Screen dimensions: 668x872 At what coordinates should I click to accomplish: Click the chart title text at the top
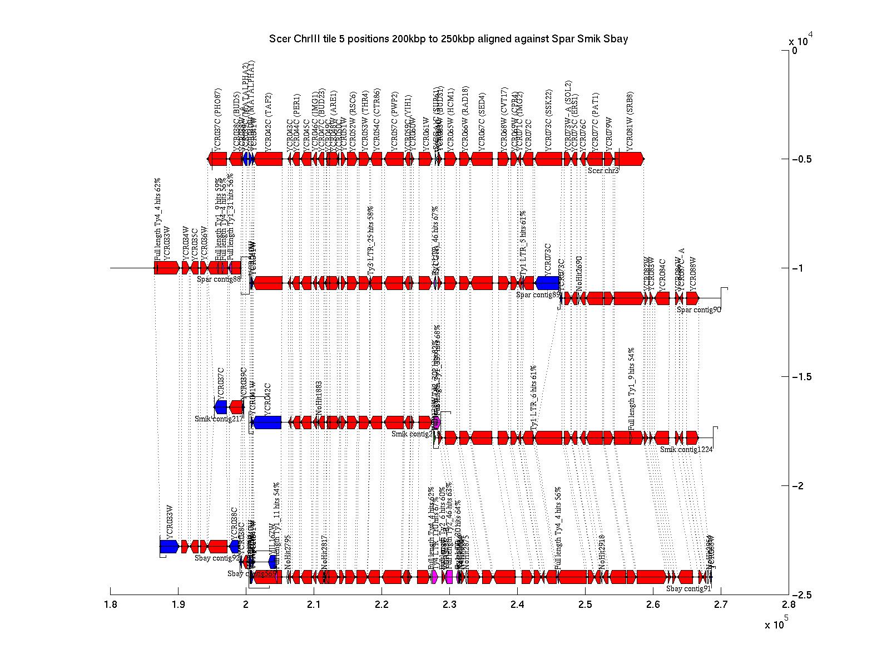click(448, 39)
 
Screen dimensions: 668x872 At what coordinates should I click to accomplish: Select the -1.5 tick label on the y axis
click(800, 377)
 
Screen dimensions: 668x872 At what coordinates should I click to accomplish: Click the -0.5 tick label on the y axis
click(800, 159)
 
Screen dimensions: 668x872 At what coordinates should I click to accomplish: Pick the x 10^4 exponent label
click(801, 40)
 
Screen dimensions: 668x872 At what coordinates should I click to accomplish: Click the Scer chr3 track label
click(603, 171)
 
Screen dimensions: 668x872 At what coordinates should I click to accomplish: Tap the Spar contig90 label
click(698, 310)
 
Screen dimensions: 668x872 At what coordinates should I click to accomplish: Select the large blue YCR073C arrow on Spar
click(547, 283)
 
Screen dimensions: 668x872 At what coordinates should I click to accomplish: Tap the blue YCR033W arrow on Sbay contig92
click(169, 547)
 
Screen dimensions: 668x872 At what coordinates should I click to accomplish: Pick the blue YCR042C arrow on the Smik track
click(267, 423)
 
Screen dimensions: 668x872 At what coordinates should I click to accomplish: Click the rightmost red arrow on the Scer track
click(630, 159)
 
